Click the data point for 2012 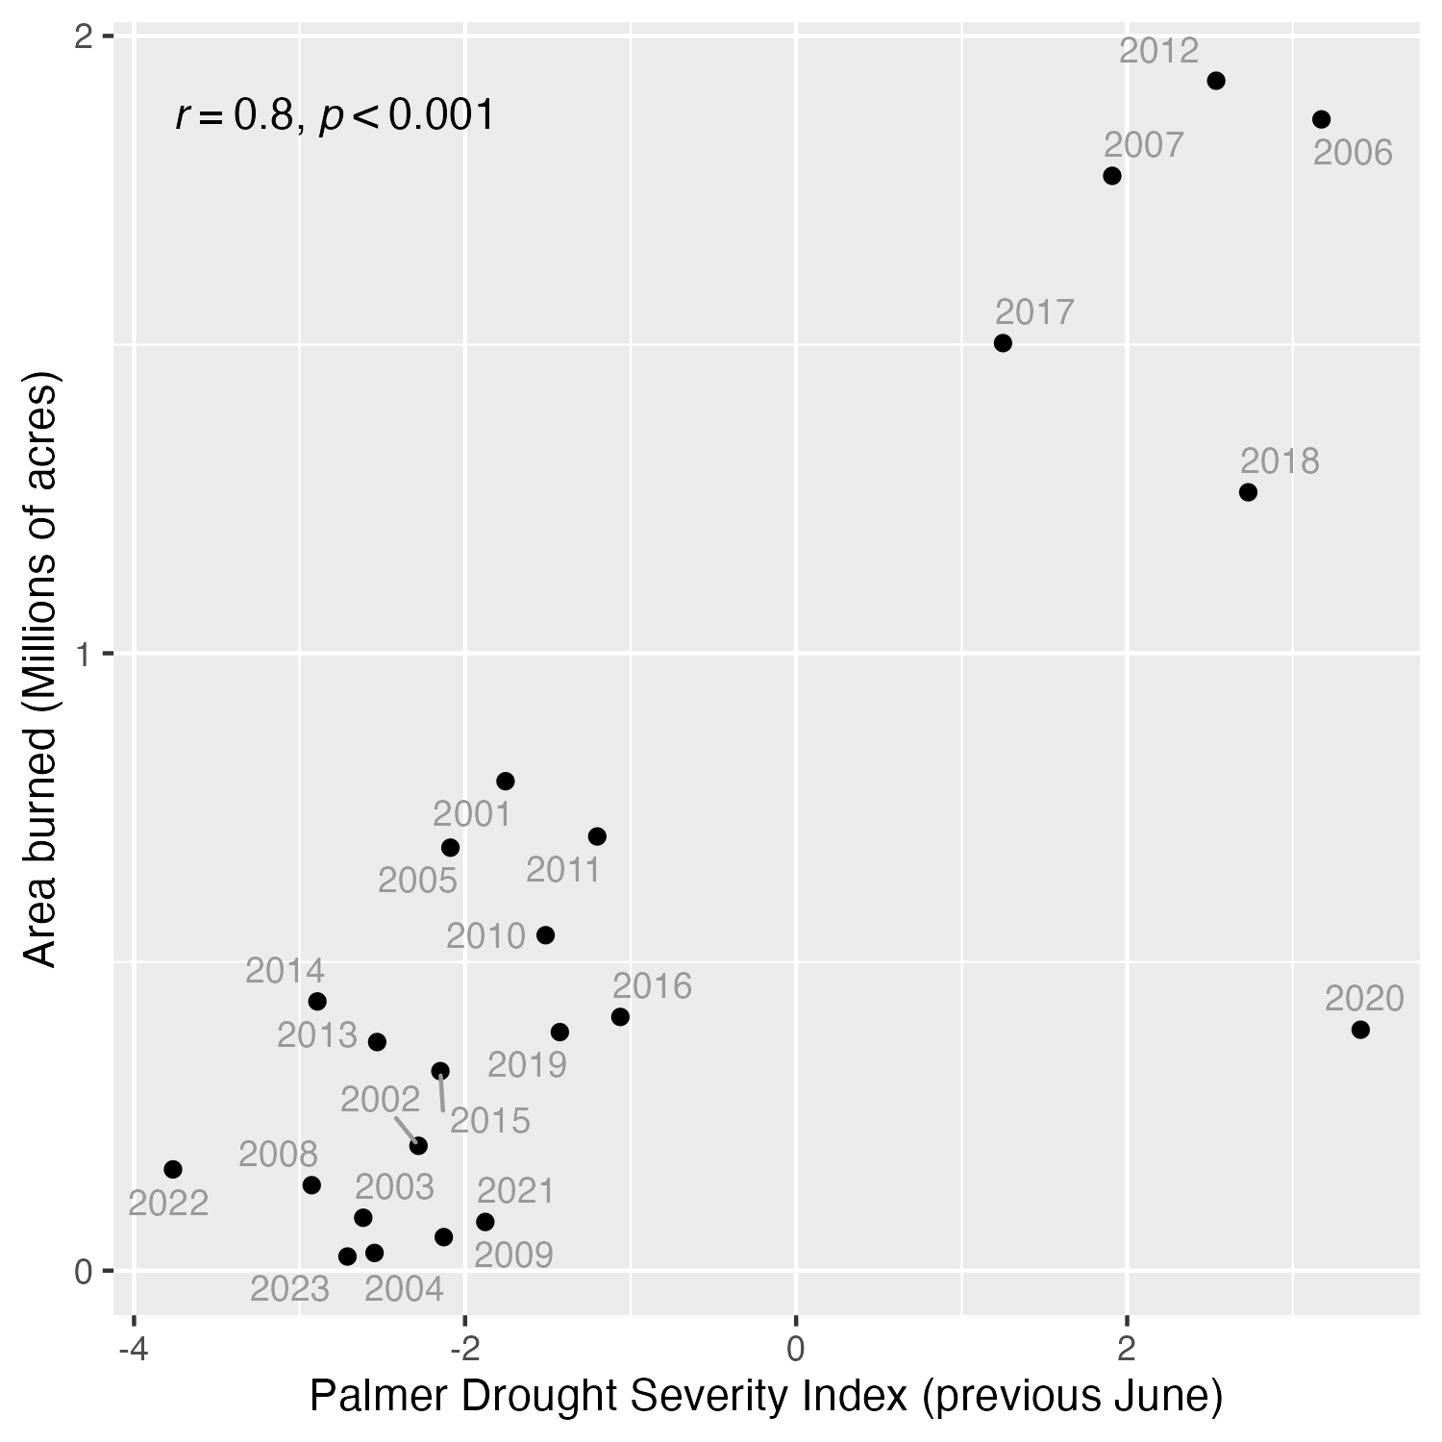1216,81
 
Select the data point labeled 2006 1322,119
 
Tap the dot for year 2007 1112,176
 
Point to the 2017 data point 1003,343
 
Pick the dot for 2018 1249,492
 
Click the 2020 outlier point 1360,1030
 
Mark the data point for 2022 173,1169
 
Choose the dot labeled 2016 620,1017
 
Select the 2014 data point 317,1002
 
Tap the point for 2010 545,935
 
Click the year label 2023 289,1289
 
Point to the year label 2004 404,1289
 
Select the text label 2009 513,1256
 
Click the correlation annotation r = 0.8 335,116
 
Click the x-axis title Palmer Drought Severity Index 766,1397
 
